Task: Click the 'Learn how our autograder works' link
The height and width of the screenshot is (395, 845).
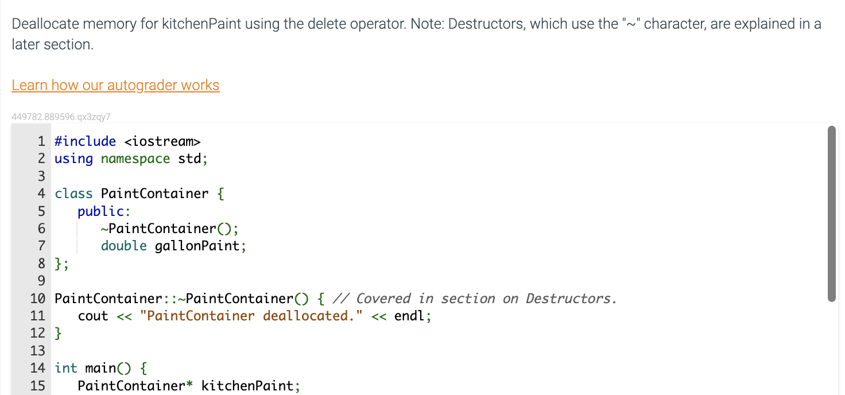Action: click(115, 86)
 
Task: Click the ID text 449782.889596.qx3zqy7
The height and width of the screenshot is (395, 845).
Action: click(61, 117)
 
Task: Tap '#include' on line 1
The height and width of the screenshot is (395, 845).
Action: click(85, 141)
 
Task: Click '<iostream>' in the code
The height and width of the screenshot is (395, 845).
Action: click(162, 141)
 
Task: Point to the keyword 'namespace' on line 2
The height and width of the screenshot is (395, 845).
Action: click(135, 158)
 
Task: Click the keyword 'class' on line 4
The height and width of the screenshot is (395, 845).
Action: click(73, 193)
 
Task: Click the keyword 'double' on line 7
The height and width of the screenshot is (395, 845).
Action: click(124, 246)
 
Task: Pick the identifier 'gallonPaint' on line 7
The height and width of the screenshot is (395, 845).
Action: click(197, 246)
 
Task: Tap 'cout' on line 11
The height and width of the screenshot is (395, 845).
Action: click(93, 316)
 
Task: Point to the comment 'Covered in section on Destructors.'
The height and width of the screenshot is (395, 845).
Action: click(486, 299)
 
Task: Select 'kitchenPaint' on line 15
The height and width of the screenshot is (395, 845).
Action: click(247, 385)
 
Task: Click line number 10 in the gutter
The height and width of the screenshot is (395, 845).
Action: click(37, 299)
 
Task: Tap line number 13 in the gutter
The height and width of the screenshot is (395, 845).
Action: click(37, 351)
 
